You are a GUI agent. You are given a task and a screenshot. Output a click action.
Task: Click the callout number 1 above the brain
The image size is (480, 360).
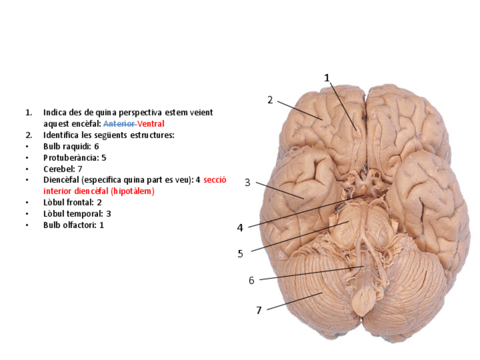point(327,78)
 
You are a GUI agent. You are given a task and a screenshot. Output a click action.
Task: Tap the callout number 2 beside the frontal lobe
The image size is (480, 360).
point(270,100)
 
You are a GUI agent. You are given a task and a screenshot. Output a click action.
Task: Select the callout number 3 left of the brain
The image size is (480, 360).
point(247,182)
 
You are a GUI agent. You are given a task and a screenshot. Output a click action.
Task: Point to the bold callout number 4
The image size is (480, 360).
point(240,228)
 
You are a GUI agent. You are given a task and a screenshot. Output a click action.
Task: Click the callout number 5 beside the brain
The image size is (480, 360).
point(240,254)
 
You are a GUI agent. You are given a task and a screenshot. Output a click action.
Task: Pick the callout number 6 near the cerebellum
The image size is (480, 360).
point(251,280)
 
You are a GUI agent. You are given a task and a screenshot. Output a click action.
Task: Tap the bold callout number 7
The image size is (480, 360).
point(259,310)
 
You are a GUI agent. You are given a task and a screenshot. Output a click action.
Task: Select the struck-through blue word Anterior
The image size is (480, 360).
point(119,123)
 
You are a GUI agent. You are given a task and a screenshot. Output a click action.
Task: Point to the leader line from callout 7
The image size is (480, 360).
point(294,301)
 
